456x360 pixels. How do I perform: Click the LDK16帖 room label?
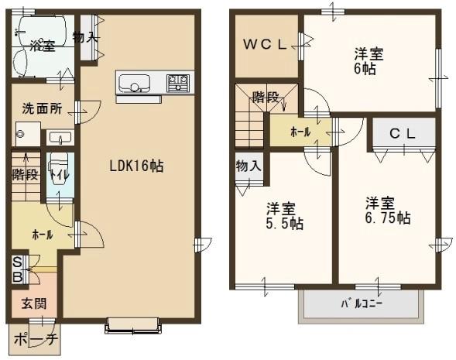(x=136, y=166)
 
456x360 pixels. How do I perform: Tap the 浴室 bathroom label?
(x=43, y=46)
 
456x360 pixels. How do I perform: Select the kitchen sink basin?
(x=135, y=84)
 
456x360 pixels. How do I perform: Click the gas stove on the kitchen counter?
(x=178, y=83)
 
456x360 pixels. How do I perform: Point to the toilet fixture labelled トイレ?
(x=60, y=170)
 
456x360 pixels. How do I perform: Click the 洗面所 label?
(x=43, y=108)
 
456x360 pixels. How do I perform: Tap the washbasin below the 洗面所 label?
(x=60, y=137)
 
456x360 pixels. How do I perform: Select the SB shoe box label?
(x=18, y=269)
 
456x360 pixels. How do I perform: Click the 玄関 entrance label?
(x=34, y=304)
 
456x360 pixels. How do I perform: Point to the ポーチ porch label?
(x=36, y=339)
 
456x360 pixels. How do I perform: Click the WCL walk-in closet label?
(x=265, y=44)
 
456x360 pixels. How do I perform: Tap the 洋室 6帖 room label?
(x=369, y=61)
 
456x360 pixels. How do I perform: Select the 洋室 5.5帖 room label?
(x=285, y=216)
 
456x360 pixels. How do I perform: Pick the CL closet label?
(x=403, y=134)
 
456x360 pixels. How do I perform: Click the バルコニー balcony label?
(x=362, y=304)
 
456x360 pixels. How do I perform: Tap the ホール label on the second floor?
(x=300, y=132)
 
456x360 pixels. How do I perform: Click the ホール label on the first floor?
(x=43, y=235)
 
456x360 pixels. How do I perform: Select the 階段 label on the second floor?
(x=266, y=97)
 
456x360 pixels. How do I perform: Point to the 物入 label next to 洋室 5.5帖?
(x=249, y=166)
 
